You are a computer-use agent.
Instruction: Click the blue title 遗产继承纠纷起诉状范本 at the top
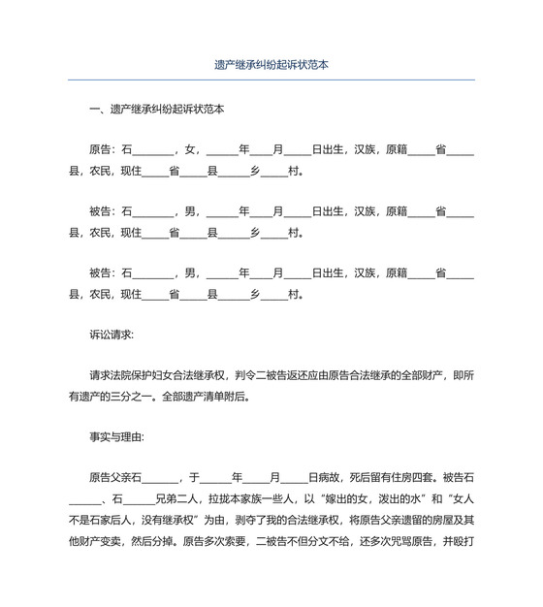[x=271, y=65]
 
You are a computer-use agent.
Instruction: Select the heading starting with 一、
[x=156, y=110]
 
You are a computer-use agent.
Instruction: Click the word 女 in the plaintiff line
[x=190, y=150]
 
